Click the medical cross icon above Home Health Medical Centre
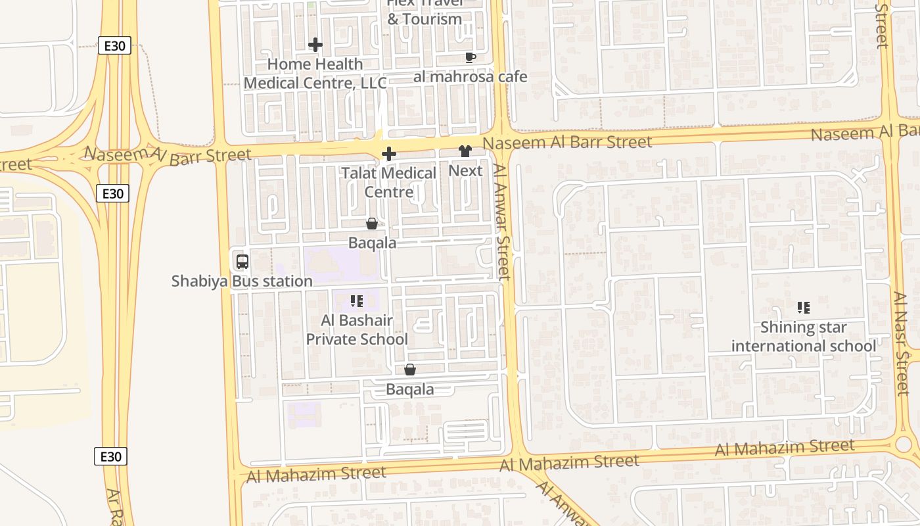315,45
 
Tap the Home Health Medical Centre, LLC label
315,74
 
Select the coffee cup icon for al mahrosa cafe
471,57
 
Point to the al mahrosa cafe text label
471,77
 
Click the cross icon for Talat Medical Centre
389,154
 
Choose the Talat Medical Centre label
389,183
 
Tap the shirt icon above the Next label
465,151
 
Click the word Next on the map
465,171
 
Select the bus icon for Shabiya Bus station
242,262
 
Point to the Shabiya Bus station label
242,281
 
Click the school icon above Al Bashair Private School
357,301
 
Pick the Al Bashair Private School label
357,330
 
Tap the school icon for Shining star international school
803,307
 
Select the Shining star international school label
803,337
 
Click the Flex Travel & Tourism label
425,12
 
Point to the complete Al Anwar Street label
502,222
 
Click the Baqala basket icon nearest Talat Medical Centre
372,224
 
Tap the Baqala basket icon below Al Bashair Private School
410,370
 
